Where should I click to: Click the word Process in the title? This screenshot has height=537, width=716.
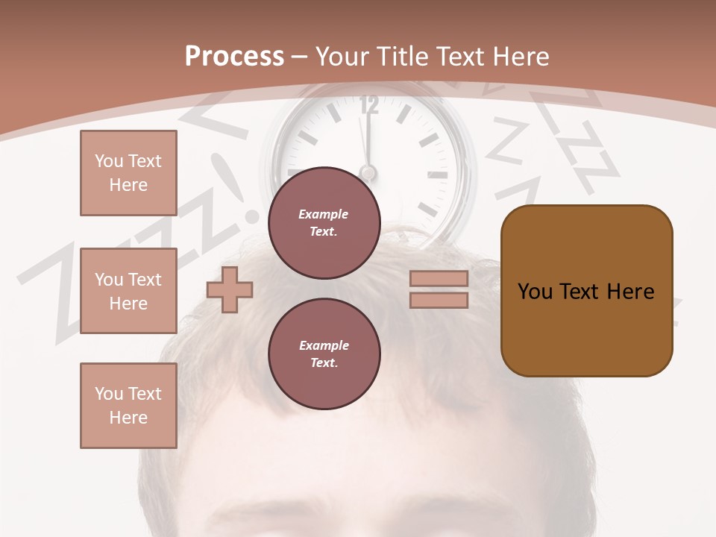pyautogui.click(x=234, y=57)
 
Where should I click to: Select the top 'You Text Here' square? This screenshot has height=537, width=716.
pyautogui.click(x=128, y=173)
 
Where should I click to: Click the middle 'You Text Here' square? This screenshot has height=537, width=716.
pyautogui.click(x=128, y=291)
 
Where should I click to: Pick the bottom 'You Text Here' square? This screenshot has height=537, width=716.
pyautogui.click(x=128, y=406)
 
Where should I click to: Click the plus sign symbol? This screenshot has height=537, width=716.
pyautogui.click(x=230, y=289)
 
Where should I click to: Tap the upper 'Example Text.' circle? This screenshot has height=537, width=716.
pyautogui.click(x=324, y=222)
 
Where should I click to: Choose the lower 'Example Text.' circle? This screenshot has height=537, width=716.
pyautogui.click(x=324, y=354)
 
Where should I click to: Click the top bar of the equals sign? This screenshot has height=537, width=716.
pyautogui.click(x=439, y=278)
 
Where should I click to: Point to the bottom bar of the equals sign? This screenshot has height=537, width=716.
pyautogui.click(x=439, y=300)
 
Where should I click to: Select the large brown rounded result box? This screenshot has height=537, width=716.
pyautogui.click(x=586, y=291)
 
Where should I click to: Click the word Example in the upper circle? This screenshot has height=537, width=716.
pyautogui.click(x=324, y=214)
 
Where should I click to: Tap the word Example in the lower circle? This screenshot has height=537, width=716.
pyautogui.click(x=324, y=345)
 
